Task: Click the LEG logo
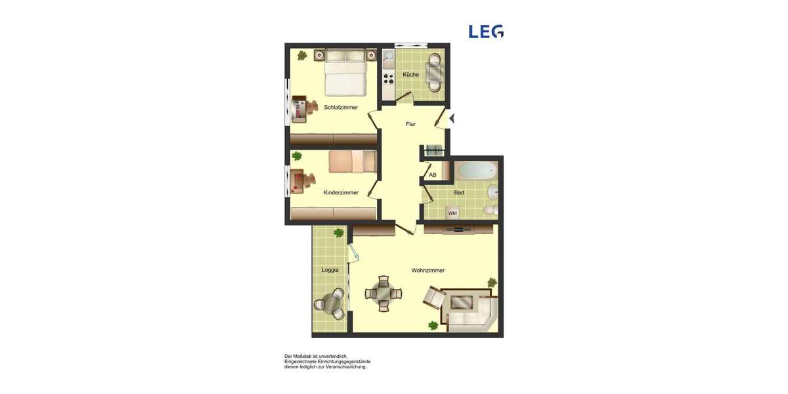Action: [x=486, y=32]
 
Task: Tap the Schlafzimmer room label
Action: [x=341, y=107]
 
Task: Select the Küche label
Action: [x=410, y=75]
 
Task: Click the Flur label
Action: [x=410, y=124]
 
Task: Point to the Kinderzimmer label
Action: [x=341, y=192]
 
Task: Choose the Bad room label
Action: [x=458, y=192]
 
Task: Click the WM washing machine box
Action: [x=452, y=213]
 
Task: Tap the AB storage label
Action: [x=432, y=175]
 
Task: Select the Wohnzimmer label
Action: [x=427, y=271]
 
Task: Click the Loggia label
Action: [x=330, y=270]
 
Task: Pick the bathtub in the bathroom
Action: [x=476, y=171]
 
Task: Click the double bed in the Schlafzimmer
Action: [x=345, y=72]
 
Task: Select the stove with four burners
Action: [x=388, y=79]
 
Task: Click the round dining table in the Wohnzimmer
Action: [x=384, y=294]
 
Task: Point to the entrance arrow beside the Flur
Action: [x=451, y=119]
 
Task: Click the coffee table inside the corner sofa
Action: [x=462, y=303]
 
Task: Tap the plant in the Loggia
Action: [x=339, y=232]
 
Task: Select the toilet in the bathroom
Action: [x=489, y=210]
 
